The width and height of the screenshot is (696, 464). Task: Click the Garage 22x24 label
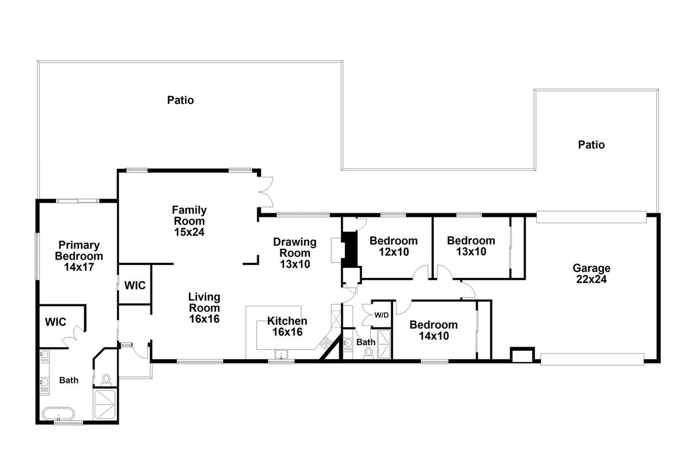(x=592, y=274)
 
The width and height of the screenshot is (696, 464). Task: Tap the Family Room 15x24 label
(x=189, y=221)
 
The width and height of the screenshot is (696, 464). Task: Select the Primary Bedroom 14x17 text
(x=80, y=256)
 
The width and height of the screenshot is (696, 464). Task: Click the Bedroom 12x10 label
(x=393, y=246)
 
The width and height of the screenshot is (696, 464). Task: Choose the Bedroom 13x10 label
(x=471, y=246)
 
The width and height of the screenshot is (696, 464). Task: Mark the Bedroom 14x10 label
(x=433, y=330)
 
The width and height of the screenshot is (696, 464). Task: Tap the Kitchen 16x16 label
(x=287, y=326)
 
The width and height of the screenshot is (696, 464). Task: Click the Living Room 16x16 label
(x=204, y=308)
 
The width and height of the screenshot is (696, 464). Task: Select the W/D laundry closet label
(x=381, y=315)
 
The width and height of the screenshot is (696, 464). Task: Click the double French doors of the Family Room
(x=265, y=191)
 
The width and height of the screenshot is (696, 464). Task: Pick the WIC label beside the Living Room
(x=135, y=285)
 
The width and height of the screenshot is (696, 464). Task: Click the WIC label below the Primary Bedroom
(x=55, y=322)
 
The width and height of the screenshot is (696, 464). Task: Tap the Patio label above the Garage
(x=591, y=145)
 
